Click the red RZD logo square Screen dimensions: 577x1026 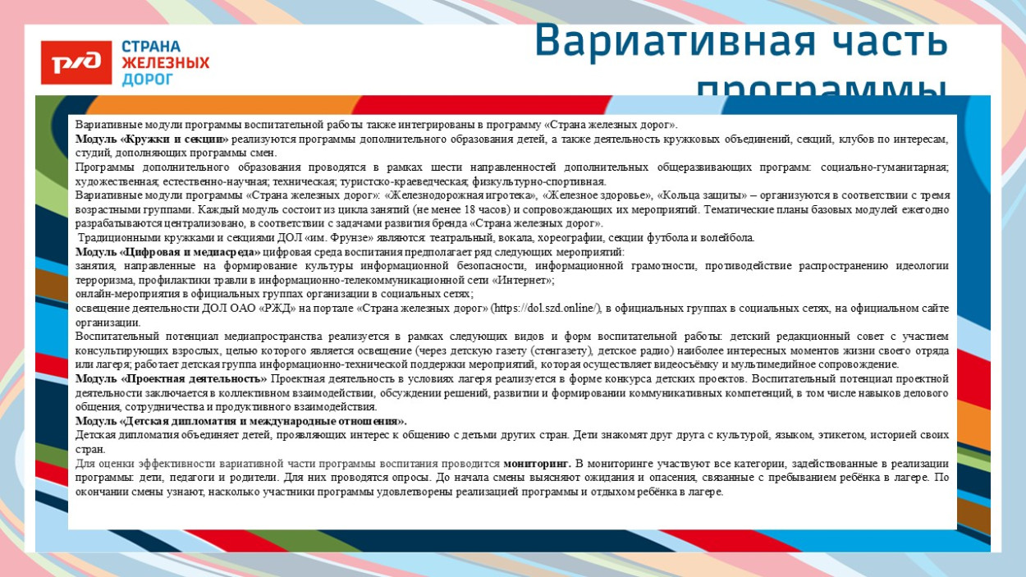click(76, 62)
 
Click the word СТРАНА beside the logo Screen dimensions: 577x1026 click(151, 46)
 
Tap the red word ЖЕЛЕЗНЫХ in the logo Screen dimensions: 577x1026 click(165, 62)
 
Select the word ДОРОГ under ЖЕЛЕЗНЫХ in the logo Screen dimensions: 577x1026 click(148, 79)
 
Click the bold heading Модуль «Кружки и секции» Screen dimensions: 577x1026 click(152, 140)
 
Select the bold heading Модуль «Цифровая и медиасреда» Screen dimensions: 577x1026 click(168, 252)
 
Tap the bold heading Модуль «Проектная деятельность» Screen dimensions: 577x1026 click(172, 378)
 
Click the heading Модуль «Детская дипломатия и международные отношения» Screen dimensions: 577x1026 click(241, 421)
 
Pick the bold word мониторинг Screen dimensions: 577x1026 click(537, 464)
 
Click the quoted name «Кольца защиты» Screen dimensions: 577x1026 click(705, 195)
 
